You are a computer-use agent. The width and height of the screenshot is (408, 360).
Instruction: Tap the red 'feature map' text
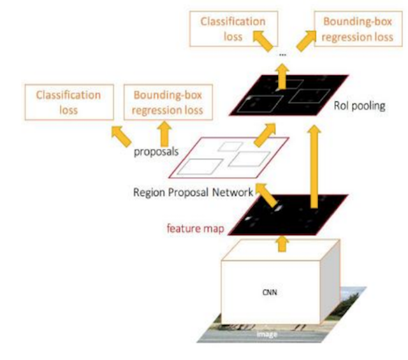coord(194,227)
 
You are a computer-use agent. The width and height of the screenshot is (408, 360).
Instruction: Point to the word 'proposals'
coord(154,153)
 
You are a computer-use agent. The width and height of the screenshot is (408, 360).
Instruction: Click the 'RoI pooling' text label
coord(360,106)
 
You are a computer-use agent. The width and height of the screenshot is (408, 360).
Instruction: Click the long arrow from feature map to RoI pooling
coord(314,166)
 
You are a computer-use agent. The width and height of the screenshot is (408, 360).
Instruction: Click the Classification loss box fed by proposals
coord(68,103)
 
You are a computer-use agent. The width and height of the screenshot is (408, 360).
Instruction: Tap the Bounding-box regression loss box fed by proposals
coord(168,103)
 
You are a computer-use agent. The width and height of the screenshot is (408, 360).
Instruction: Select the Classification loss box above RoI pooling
coord(233,29)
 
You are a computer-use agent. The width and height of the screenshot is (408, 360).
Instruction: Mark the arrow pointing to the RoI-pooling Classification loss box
coord(263,43)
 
